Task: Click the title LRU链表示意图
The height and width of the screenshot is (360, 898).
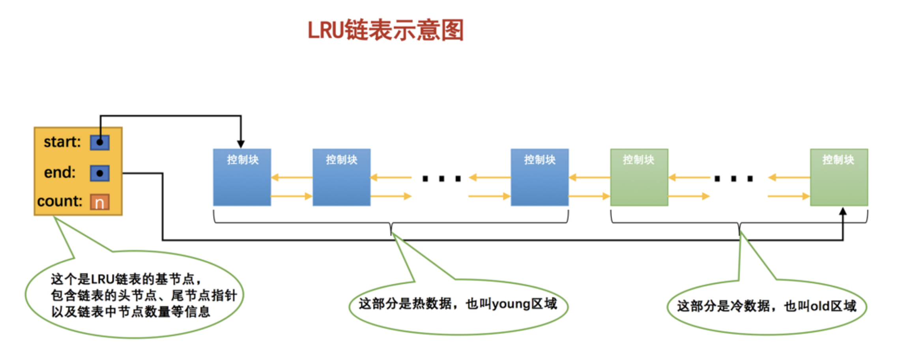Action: [x=385, y=30]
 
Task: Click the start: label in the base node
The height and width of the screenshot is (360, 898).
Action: [x=62, y=142]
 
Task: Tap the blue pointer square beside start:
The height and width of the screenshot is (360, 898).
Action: [x=100, y=142]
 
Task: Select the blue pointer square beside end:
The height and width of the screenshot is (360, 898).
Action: [x=100, y=173]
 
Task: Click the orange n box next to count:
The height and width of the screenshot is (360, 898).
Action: [x=100, y=202]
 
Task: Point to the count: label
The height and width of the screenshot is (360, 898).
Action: [x=60, y=201]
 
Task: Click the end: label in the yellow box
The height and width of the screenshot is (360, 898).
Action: [x=60, y=172]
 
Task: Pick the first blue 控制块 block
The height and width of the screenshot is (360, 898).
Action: [x=242, y=177]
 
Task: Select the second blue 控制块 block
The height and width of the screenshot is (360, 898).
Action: [x=341, y=177]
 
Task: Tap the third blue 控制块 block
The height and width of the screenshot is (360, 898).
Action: [x=539, y=177]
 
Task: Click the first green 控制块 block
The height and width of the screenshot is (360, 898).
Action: [x=639, y=177]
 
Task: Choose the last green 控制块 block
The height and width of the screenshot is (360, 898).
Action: [x=839, y=177]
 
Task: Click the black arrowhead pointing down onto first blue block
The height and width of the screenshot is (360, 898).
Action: [x=241, y=144]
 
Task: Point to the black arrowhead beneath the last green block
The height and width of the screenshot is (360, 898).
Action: [x=843, y=212]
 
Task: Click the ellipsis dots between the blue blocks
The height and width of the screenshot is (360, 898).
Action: [x=442, y=179]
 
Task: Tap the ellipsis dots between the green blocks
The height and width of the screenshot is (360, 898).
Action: [x=733, y=179]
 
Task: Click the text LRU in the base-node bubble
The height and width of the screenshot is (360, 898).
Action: [x=103, y=279]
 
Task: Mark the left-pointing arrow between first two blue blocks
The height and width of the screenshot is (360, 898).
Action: [x=291, y=177]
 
